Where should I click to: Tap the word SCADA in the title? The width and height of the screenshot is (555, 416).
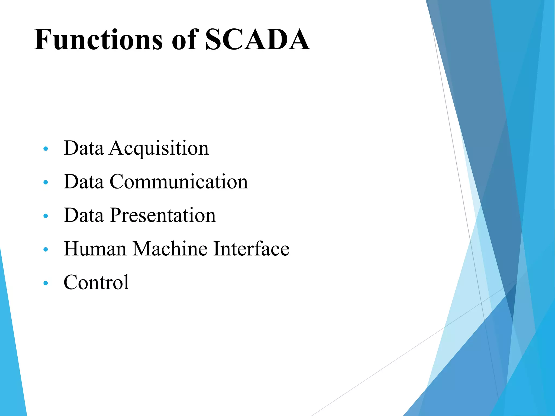[x=257, y=40]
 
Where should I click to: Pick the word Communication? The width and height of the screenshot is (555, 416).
[x=179, y=182]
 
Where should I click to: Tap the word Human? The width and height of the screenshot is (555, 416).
[x=95, y=249]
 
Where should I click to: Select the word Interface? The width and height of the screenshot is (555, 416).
[x=251, y=249]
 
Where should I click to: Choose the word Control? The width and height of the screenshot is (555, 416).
[x=96, y=282]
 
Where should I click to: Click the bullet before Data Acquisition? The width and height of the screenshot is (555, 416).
[x=46, y=149]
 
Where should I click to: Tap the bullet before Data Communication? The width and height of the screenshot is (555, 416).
[x=46, y=182]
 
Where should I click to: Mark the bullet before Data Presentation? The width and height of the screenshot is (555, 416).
[x=46, y=216]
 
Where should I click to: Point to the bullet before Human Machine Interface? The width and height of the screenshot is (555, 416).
[x=46, y=249]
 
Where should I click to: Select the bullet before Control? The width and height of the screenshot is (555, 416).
[x=46, y=283]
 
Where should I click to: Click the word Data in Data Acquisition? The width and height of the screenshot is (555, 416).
[x=83, y=148]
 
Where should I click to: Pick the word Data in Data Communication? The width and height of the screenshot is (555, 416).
[x=83, y=182]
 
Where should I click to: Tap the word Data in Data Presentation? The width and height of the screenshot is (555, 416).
[x=83, y=215]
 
